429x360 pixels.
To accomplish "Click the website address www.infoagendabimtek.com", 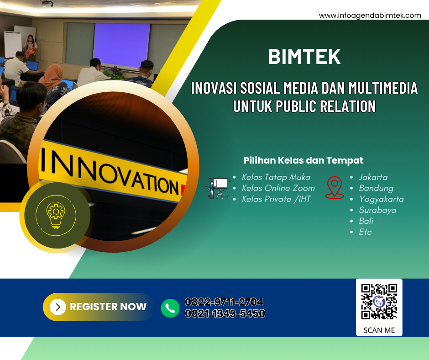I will coord(370,16).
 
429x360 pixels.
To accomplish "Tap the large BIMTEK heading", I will coord(304,57).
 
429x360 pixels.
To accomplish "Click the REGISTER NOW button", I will coord(98,307).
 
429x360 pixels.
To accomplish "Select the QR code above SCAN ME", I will coord(379,302).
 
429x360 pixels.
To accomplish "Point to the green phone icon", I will coord(170,308).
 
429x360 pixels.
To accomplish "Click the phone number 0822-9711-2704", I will coord(224,302).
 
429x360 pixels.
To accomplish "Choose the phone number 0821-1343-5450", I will coord(225,313).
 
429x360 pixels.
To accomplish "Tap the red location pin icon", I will coord(335,187).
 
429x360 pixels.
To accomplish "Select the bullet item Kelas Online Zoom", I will coord(278,188).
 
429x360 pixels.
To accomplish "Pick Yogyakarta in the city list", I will coord(381,199).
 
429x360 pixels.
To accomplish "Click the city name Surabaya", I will coord(377,210).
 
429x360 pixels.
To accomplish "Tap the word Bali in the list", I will coord(366,221).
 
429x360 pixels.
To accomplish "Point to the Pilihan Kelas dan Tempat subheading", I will coord(303,160).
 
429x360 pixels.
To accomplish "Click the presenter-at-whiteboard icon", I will coord(218,188).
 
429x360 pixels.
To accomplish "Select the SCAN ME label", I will coord(379,330).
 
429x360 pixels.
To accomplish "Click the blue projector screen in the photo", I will coord(122,45).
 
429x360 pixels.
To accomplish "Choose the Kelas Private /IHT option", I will coord(276,199).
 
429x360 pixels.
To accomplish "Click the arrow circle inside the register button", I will coord(58,307).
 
